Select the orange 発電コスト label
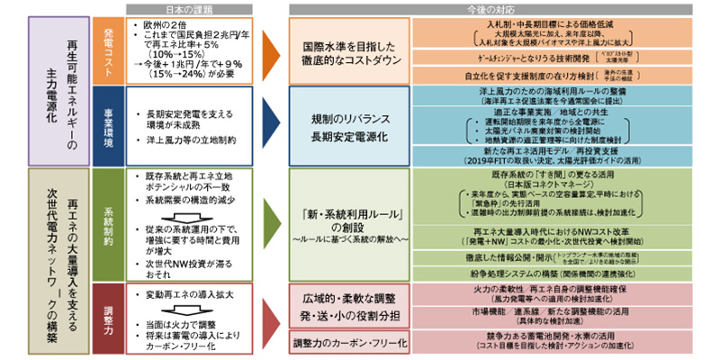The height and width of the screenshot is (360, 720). [106, 49]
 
